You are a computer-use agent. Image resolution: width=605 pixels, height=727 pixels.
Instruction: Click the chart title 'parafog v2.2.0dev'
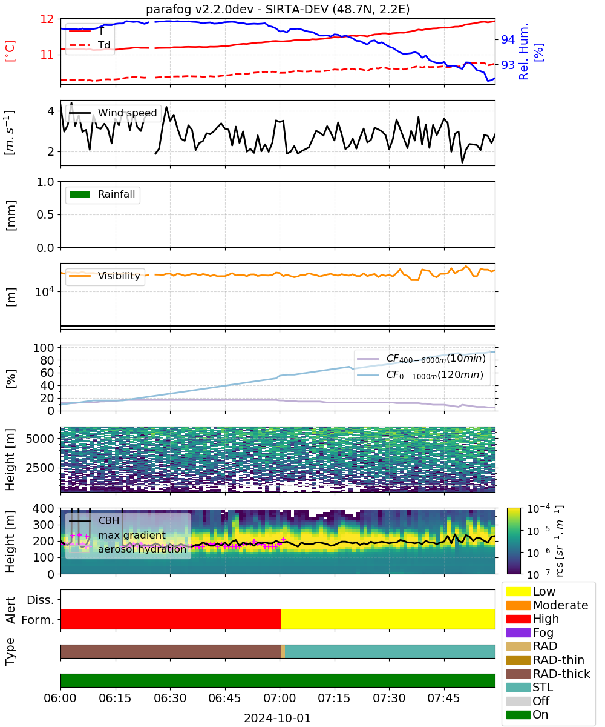[x=200, y=9]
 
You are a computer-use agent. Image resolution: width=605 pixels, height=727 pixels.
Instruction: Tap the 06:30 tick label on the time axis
[x=170, y=698]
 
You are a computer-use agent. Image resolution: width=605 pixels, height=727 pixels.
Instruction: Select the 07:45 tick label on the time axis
[x=443, y=698]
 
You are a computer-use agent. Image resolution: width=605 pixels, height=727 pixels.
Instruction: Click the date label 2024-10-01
[x=277, y=718]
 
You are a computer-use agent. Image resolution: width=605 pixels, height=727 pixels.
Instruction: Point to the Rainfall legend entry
[x=102, y=194]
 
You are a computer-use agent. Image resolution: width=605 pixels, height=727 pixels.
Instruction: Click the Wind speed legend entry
[x=113, y=113]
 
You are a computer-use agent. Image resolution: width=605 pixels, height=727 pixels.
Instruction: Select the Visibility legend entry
[x=104, y=276]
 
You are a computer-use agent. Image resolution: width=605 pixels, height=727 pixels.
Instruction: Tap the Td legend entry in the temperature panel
[x=90, y=45]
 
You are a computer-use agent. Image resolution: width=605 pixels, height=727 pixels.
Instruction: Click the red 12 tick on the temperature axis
[x=47, y=19]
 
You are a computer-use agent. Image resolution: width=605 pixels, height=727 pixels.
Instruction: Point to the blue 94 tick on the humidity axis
[x=508, y=39]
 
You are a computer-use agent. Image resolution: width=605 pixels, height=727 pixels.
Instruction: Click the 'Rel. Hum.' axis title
[x=523, y=51]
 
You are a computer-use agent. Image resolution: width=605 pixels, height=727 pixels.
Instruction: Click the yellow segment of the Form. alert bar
[x=388, y=619]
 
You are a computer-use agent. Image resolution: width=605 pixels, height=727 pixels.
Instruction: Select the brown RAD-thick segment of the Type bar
[x=171, y=651]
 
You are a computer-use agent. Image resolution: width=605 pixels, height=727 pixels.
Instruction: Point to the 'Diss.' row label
[x=41, y=600]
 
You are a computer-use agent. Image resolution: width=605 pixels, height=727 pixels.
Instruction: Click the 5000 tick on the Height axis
[x=41, y=439]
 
